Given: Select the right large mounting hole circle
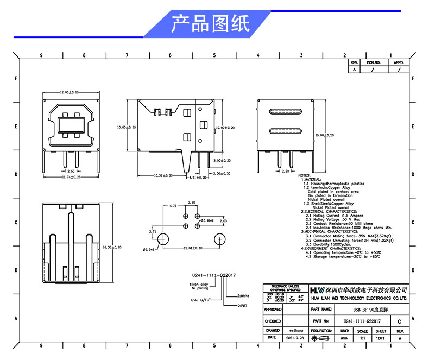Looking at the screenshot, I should coord(220,239).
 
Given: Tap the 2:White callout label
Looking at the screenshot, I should coord(243,296).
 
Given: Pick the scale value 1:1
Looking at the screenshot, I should coord(362,338).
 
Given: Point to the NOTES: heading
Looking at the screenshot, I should coord(304,175).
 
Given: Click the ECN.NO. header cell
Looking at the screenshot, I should coord(374,63).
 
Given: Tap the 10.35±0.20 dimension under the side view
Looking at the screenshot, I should coord(163,175).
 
